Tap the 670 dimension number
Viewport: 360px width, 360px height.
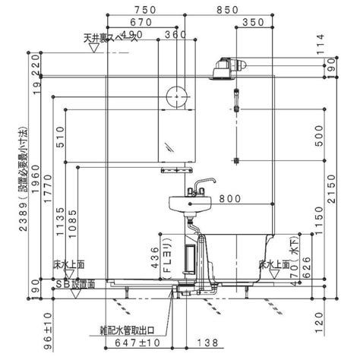142,23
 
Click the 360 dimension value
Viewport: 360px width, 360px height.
175,35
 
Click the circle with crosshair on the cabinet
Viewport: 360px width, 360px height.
175,96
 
